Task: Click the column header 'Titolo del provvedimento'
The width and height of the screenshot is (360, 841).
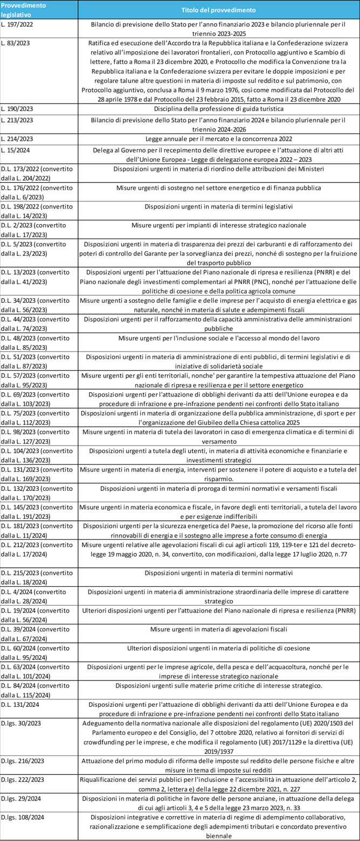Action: coord(218,10)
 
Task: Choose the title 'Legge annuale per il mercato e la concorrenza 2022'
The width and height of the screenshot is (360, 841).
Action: coord(218,138)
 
